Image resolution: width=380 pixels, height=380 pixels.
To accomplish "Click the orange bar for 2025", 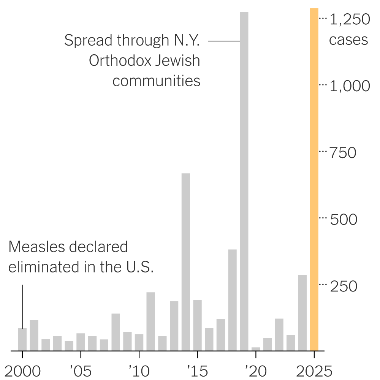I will (314, 179).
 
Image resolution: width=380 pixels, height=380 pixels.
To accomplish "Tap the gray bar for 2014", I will (186, 262).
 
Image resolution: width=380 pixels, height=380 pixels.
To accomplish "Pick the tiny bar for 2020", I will (256, 348).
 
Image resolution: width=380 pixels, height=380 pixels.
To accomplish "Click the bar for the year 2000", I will (22, 339).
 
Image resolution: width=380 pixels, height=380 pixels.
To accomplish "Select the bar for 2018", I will (233, 300).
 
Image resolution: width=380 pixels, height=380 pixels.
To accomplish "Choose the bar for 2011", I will (151, 321).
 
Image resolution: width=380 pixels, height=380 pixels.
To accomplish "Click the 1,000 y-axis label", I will (349, 86).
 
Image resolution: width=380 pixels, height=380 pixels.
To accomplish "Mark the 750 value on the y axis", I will (343, 153).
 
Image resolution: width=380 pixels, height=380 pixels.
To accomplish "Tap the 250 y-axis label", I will (344, 286).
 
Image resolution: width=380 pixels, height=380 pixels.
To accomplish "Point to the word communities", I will (156, 81).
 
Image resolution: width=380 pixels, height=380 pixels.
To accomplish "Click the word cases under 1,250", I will (348, 40).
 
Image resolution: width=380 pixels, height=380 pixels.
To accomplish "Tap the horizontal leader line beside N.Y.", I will (224, 41).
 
